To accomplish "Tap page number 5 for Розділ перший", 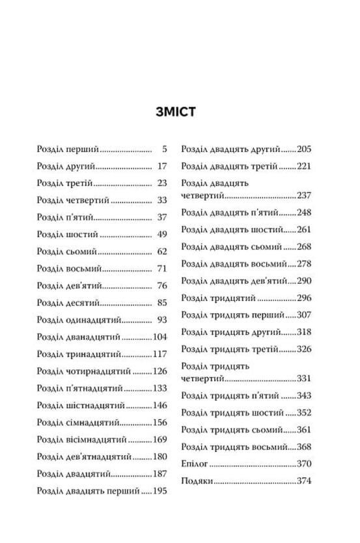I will click(x=165, y=149).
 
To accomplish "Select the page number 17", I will click(x=163, y=166).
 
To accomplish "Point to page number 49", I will click(x=163, y=234).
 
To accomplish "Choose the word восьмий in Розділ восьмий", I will click(x=85, y=268).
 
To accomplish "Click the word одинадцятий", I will click(x=94, y=320).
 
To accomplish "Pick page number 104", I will click(x=160, y=337).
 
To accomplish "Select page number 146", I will click(x=160, y=405).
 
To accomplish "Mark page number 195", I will click(x=160, y=490).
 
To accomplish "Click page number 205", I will click(x=305, y=149).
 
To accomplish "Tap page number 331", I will click(x=305, y=378).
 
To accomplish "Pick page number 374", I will click(x=305, y=480).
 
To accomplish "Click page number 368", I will click(x=305, y=447).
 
